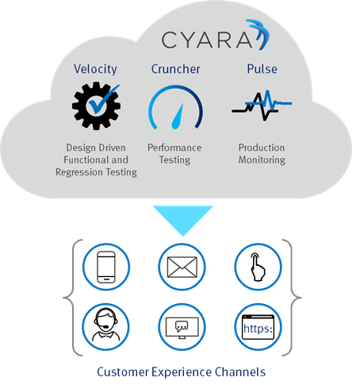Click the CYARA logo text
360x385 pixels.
click(x=207, y=40)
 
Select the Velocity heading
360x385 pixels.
click(x=95, y=69)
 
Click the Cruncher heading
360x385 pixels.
click(x=175, y=69)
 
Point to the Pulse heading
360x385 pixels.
click(x=262, y=69)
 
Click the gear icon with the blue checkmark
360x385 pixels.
click(x=96, y=106)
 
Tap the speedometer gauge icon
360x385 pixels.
click(x=175, y=107)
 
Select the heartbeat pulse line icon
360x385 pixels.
click(x=262, y=106)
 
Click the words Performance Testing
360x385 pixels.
click(x=174, y=154)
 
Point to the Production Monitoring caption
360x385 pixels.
click(x=262, y=154)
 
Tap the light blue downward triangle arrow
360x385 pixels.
click(x=182, y=221)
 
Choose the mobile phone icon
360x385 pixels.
click(x=106, y=267)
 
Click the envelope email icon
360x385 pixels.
click(x=182, y=267)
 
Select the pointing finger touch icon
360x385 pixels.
click(x=258, y=267)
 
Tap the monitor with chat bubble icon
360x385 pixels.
click(x=182, y=327)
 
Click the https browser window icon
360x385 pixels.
click(x=258, y=327)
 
